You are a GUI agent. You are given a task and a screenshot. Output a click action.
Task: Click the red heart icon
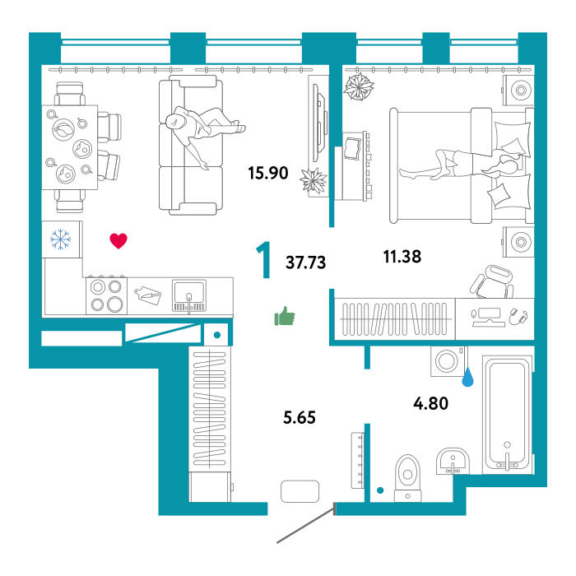[118, 241]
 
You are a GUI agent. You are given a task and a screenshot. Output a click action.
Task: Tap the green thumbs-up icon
[285, 316]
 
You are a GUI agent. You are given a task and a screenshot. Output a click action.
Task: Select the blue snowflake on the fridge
[61, 239]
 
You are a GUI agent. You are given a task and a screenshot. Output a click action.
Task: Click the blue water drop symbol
[467, 378]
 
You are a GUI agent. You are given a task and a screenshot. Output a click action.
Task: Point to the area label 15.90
[268, 173]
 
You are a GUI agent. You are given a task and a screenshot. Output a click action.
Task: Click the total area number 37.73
[305, 262]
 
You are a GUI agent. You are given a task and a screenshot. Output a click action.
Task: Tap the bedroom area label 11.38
[402, 257]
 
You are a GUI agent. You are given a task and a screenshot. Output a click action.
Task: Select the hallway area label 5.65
[300, 418]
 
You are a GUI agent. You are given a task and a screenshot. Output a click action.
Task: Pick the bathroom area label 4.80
[431, 403]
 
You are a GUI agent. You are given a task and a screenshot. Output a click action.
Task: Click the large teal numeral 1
[264, 260]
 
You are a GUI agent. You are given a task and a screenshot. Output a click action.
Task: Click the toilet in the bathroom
[407, 478]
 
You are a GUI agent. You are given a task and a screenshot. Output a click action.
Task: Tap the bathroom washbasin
[453, 462]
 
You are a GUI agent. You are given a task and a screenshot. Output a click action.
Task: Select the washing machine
[448, 361]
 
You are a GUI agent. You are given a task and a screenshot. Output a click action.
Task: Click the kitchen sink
[189, 295]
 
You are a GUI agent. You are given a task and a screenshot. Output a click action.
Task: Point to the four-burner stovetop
[106, 295]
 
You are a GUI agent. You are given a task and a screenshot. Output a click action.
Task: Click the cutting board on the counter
[147, 295]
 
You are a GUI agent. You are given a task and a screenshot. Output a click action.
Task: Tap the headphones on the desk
[518, 317]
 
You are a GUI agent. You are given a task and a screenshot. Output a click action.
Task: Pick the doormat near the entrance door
[300, 491]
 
